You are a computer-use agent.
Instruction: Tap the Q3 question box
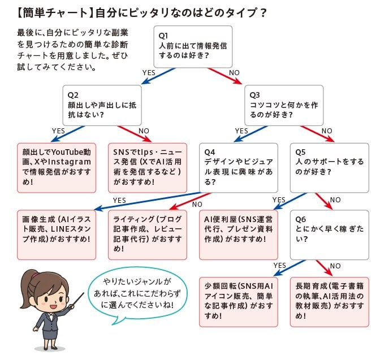click(284, 105)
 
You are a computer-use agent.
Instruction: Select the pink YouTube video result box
click(57, 166)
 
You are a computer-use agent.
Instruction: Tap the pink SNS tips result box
click(148, 166)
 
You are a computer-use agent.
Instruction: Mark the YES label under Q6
click(279, 265)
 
